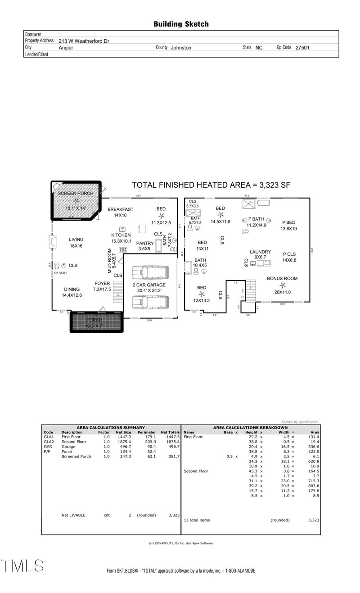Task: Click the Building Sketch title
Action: [x=181, y=24]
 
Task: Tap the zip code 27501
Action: [x=302, y=47]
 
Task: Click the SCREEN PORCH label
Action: [x=76, y=193]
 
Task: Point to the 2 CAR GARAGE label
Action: [x=149, y=285]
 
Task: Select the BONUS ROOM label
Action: [x=282, y=279]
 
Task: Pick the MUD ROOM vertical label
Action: [x=109, y=261]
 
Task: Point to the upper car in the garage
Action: [x=144, y=273]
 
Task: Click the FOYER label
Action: [x=102, y=283]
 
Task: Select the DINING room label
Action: [x=72, y=289]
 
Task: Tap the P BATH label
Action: [x=256, y=219]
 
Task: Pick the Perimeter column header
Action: [x=147, y=432]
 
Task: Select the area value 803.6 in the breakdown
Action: [x=312, y=486]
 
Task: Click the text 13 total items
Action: [x=197, y=520]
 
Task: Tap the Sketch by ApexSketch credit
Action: [x=300, y=422]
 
